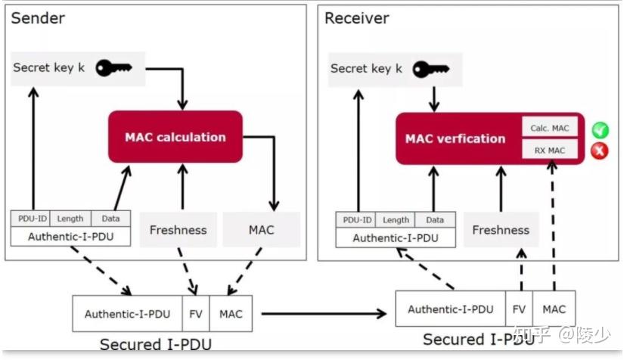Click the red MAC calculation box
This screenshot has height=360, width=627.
pos(175,137)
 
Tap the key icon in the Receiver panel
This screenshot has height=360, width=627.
pos(431,69)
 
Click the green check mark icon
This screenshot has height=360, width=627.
pos(600,129)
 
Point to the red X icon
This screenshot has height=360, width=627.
pos(600,151)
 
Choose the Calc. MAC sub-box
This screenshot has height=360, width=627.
pos(549,128)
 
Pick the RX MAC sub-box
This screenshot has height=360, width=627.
pos(549,150)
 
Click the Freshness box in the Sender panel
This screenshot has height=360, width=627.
pos(178,230)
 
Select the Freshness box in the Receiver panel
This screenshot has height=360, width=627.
pos(501,230)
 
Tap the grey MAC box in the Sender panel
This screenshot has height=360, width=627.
pos(261,230)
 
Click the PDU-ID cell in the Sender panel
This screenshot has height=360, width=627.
pos(30,219)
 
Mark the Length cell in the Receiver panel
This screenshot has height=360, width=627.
pos(396,220)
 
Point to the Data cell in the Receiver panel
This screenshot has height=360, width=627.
pos(435,220)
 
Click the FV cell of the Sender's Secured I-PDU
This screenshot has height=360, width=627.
pos(196,313)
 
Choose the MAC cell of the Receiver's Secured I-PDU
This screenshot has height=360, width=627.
pos(554,309)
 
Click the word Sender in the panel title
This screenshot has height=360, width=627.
pos(38,17)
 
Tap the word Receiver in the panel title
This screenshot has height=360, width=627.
pos(356,17)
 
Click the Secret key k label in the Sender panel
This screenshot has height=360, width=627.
pos(48,68)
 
